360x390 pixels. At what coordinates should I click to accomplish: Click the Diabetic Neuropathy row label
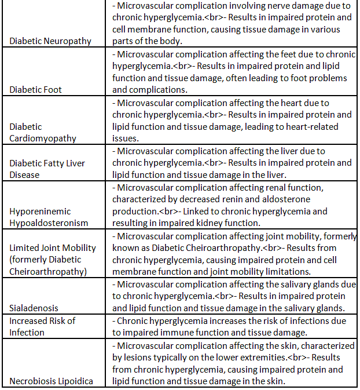pos(50,41)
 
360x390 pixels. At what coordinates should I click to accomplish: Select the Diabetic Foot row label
pos(35,89)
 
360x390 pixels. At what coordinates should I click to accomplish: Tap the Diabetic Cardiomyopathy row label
pos(42,132)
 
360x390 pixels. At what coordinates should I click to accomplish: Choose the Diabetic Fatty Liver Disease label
pos(47,169)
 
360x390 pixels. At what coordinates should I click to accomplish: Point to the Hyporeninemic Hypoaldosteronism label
pos(49,217)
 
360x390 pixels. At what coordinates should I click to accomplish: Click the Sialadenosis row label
pos(34,308)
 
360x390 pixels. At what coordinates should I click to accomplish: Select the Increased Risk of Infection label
pos(42,326)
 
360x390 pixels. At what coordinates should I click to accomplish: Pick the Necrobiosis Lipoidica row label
pos(50,381)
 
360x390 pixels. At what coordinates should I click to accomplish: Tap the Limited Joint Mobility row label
pos(53,259)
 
